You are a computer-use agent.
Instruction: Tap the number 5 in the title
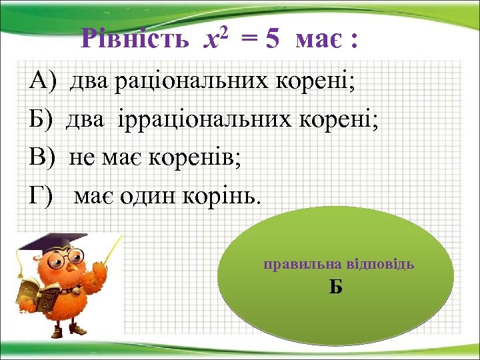pyautogui.click(x=271, y=41)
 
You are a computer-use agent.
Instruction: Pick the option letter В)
pyautogui.click(x=43, y=158)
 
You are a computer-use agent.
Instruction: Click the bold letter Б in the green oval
pyautogui.click(x=336, y=287)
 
